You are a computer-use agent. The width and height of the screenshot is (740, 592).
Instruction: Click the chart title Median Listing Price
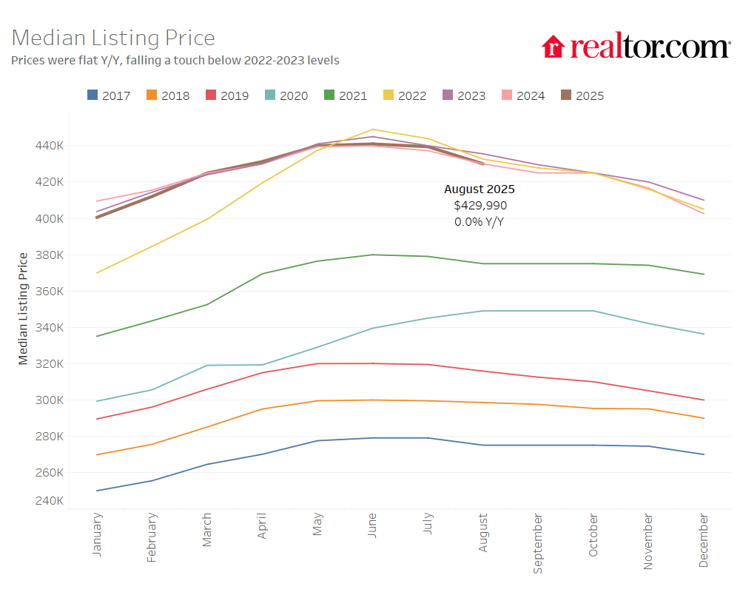tap(113, 38)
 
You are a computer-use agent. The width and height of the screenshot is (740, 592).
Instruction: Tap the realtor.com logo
tap(636, 47)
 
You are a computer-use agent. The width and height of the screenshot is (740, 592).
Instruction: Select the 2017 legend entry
tap(109, 95)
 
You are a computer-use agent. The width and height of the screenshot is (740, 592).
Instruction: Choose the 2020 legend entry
tap(286, 95)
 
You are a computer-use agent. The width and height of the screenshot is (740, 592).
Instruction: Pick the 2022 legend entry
tap(405, 95)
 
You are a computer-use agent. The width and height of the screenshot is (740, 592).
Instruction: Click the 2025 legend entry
tap(582, 95)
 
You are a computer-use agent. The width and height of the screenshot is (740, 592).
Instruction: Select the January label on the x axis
tap(97, 534)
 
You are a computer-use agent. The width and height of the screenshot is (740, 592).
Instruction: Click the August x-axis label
tap(483, 533)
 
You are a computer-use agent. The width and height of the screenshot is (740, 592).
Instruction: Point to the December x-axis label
tap(703, 540)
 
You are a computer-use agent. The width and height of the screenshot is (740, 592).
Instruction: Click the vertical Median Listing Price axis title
tap(23, 309)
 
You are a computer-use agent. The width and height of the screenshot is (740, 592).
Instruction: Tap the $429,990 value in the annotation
tap(480, 206)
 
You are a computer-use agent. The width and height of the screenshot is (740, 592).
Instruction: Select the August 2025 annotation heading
tap(480, 189)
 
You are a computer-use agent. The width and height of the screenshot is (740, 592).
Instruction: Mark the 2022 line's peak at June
tap(373, 129)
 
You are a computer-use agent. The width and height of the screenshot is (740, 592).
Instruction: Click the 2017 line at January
tap(97, 491)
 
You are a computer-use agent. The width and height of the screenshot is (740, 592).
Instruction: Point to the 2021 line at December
tap(703, 275)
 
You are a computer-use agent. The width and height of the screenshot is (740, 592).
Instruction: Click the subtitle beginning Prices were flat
tap(175, 60)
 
